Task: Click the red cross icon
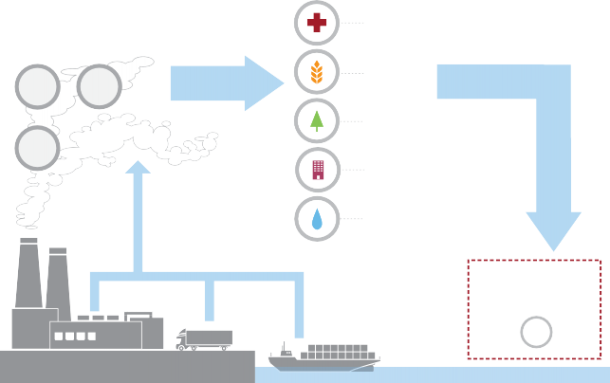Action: coord(317,22)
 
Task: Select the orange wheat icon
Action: coord(317,71)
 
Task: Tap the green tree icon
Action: coord(317,120)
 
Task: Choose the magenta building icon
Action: coord(317,170)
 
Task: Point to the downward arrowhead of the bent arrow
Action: coord(553,232)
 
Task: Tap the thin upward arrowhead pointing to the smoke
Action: coord(139,168)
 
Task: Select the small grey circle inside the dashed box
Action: coord(536,333)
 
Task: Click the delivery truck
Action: coord(204,338)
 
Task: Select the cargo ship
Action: coord(323,357)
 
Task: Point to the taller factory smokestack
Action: coord(28,275)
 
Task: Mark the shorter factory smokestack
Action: coord(58,280)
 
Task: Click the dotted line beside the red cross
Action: coord(353,22)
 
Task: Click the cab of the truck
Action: coord(183,337)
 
